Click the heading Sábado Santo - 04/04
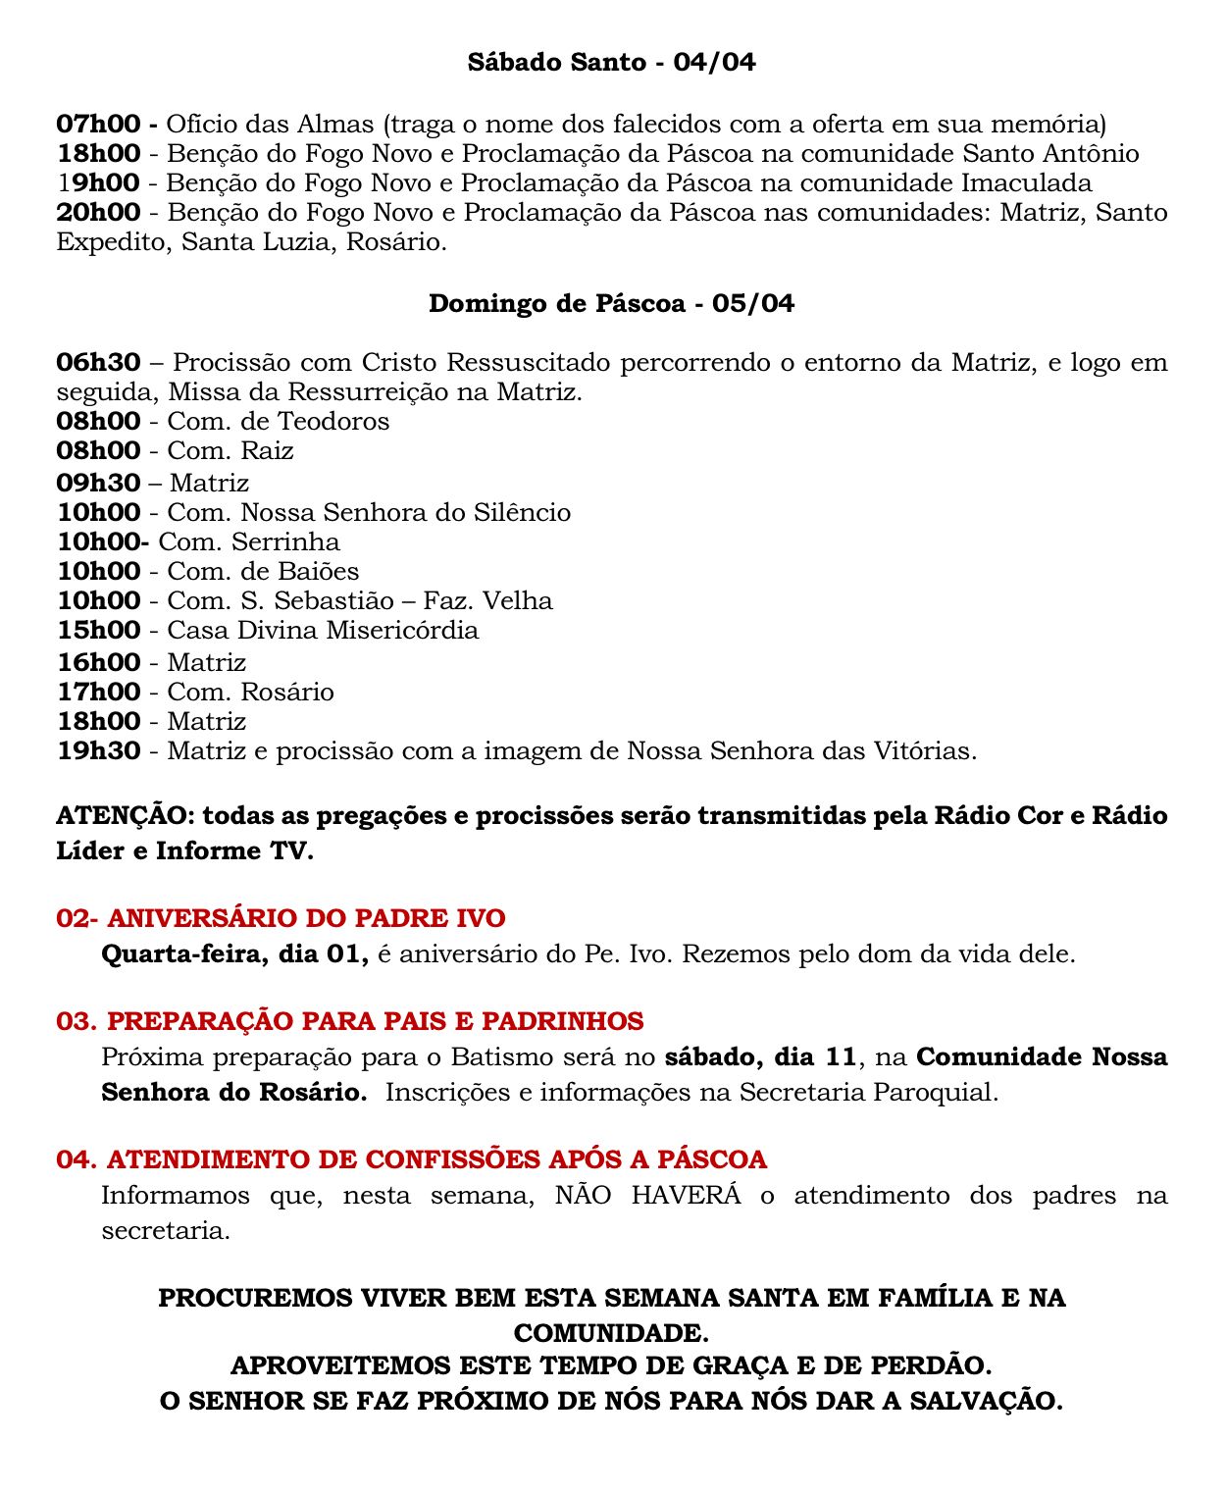click(611, 63)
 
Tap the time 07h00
click(98, 125)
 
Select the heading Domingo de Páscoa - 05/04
click(611, 303)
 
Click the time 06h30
click(98, 363)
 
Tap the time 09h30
click(98, 483)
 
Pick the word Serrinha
click(286, 541)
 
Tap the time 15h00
click(98, 630)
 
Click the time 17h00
click(98, 692)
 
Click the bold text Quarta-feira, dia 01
click(234, 953)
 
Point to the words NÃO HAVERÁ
click(647, 1196)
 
